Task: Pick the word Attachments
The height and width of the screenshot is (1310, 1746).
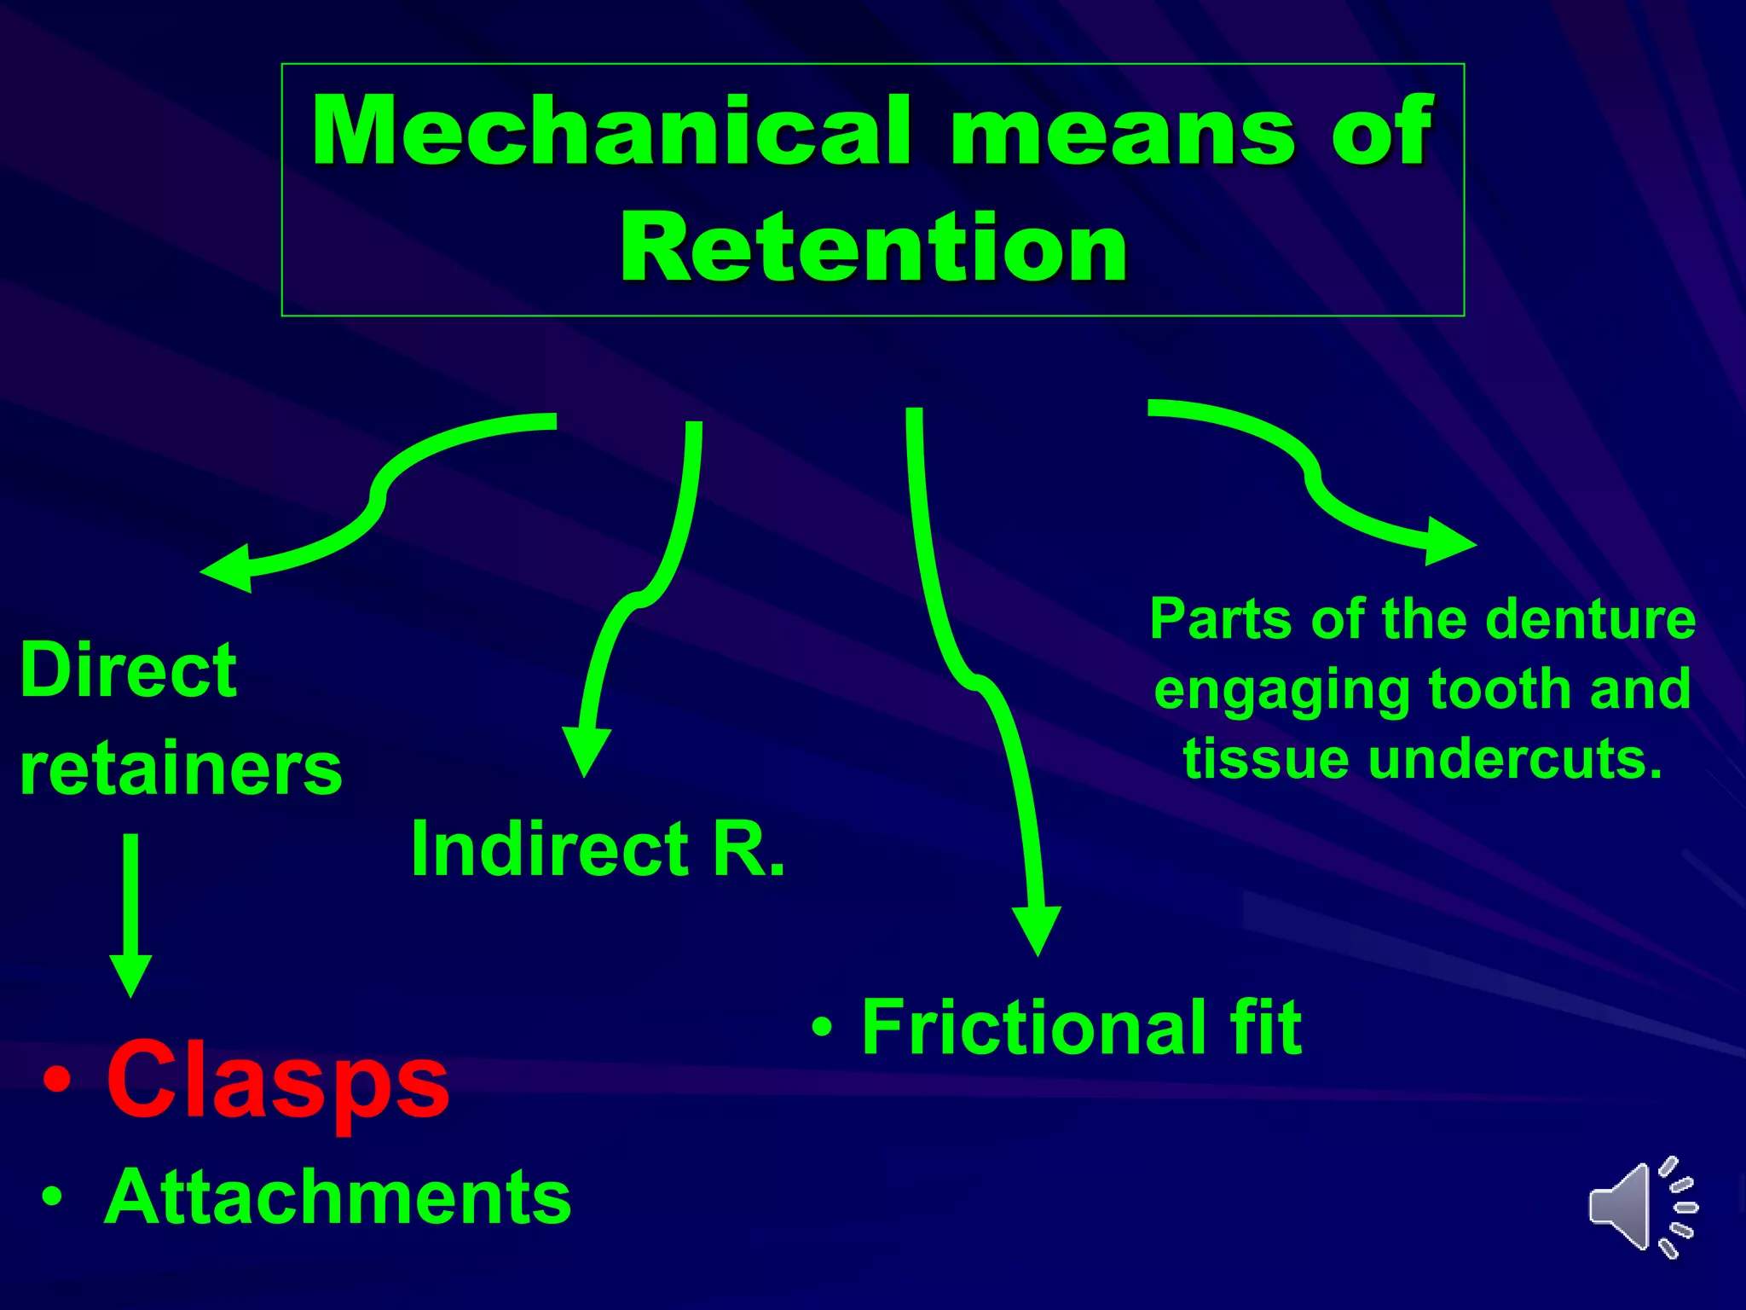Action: (338, 1197)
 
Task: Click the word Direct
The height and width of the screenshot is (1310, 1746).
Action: (128, 670)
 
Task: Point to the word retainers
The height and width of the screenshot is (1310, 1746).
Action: (181, 769)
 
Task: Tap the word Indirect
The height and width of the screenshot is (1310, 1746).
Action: (551, 849)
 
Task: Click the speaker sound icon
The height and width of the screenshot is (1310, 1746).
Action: (1642, 1208)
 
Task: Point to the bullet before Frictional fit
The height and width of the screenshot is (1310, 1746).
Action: (822, 1027)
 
